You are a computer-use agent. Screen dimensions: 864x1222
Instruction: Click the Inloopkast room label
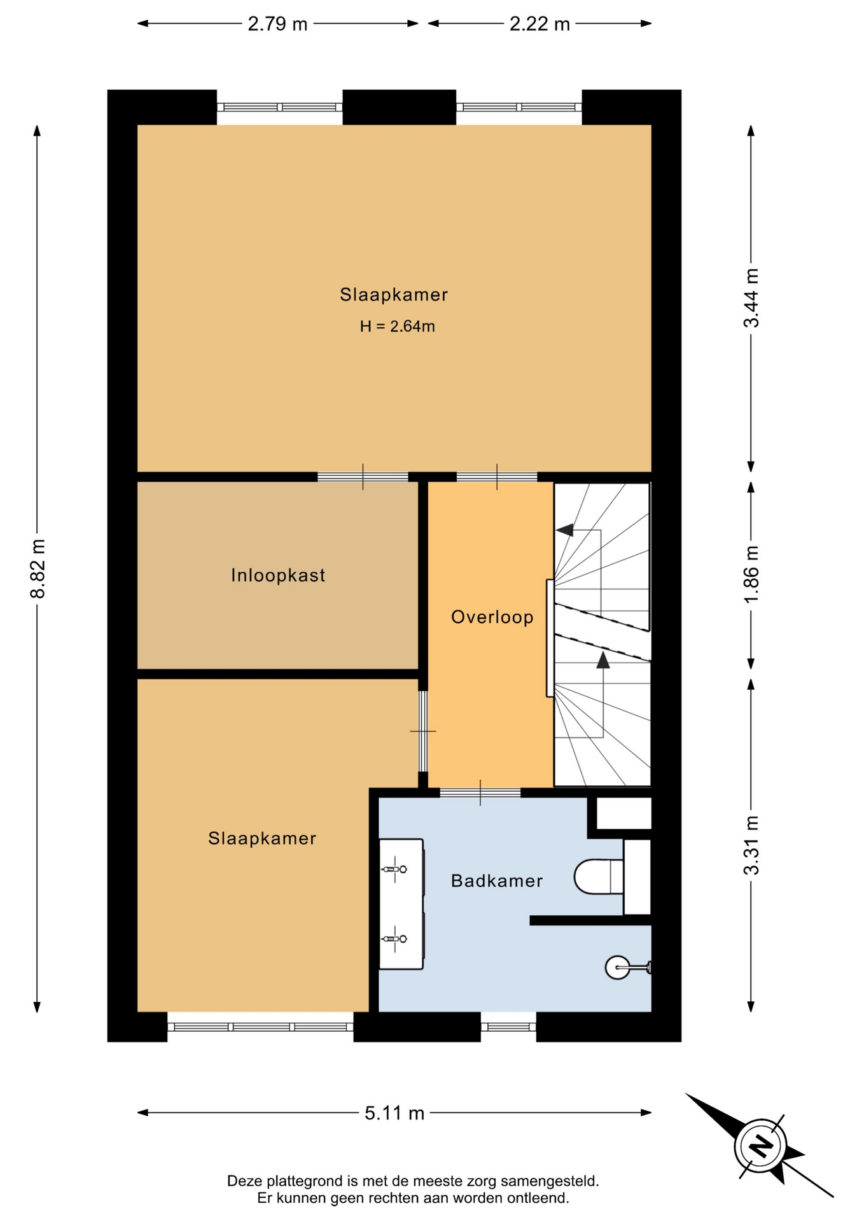278,575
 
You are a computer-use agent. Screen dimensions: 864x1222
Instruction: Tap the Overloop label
492,617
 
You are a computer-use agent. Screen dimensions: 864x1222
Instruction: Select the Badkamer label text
497,881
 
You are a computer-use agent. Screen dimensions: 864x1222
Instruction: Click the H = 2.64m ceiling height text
398,327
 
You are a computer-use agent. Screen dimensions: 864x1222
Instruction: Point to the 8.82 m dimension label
38,569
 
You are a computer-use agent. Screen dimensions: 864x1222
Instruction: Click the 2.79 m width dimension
277,24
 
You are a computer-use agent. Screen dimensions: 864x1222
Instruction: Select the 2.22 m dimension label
540,24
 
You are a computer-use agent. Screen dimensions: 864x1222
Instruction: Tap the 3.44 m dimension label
751,298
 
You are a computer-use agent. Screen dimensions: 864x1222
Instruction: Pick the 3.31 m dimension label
751,845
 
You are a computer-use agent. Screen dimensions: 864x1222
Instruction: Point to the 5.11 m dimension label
394,1113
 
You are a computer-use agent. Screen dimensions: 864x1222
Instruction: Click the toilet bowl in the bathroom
598,876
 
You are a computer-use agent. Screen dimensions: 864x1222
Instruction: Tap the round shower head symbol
617,967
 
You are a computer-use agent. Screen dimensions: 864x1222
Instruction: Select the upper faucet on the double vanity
394,869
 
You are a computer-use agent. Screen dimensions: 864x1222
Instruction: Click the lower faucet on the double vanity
394,939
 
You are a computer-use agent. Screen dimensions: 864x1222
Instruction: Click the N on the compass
760,1147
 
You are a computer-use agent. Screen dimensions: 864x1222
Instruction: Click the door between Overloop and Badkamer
480,792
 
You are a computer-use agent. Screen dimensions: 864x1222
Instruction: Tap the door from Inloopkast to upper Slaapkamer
363,477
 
